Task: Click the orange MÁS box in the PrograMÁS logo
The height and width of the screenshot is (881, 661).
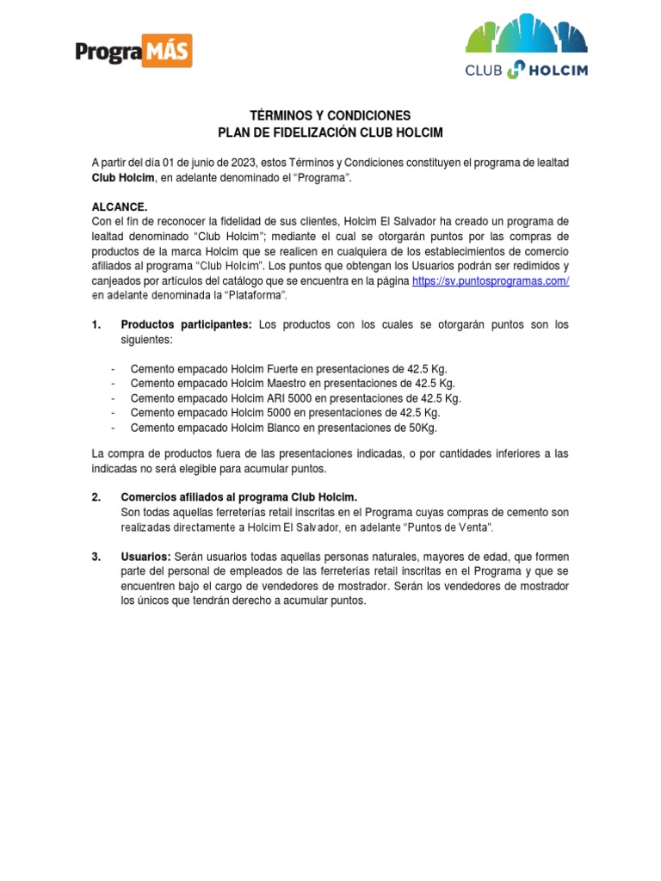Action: pyautogui.click(x=170, y=52)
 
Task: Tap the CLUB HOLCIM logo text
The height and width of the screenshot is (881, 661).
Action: pyautogui.click(x=527, y=71)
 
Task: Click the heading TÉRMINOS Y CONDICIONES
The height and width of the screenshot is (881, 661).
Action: pyautogui.click(x=330, y=115)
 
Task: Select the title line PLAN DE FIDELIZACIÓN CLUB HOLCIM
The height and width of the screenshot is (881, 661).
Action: pyautogui.click(x=330, y=132)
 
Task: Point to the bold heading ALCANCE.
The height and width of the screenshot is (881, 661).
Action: pyautogui.click(x=120, y=207)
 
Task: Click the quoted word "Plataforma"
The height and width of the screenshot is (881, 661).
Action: pyautogui.click(x=256, y=296)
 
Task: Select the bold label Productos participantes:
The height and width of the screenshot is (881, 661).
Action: pyautogui.click(x=187, y=325)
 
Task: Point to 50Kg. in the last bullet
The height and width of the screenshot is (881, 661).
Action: pyautogui.click(x=417, y=428)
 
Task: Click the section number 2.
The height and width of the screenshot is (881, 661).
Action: pyautogui.click(x=96, y=497)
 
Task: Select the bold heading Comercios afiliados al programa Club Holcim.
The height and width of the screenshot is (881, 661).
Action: pyautogui.click(x=238, y=497)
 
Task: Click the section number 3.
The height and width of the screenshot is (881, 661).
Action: pyautogui.click(x=96, y=557)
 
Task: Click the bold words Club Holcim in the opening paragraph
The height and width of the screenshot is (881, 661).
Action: pyautogui.click(x=123, y=177)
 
